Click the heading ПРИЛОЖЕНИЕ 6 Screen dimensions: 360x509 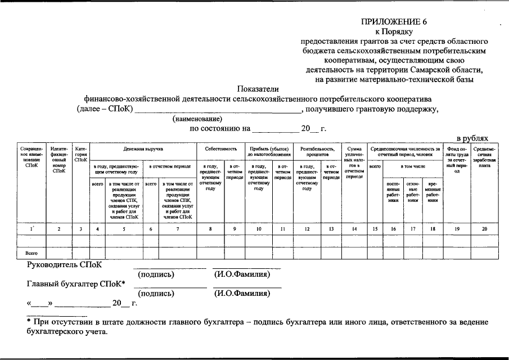click(394, 22)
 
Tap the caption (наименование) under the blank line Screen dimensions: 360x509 click(197, 119)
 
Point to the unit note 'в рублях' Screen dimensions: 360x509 click(476, 138)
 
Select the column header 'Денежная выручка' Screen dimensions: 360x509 click(143, 149)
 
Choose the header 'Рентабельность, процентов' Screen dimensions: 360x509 click(318, 151)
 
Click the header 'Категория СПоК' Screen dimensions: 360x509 click(81, 154)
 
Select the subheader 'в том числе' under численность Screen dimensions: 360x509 click(413, 166)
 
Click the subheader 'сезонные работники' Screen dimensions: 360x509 click(413, 192)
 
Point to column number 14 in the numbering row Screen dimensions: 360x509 click(354, 229)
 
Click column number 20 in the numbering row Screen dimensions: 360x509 click(484, 229)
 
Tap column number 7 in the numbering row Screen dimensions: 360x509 click(178, 229)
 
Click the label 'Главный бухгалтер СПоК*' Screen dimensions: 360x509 click(76, 283)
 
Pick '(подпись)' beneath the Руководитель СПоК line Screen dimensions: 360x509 click(156, 274)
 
